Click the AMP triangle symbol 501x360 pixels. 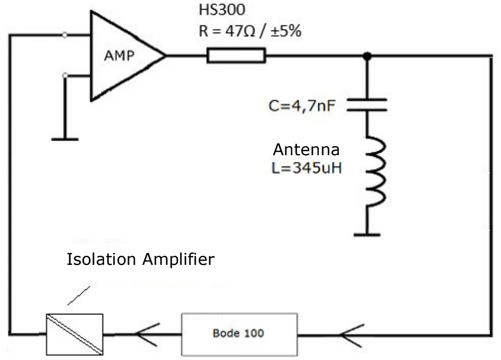(123, 56)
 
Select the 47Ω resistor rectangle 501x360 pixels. (236, 56)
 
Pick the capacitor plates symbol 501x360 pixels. (367, 105)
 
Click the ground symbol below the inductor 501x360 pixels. (367, 233)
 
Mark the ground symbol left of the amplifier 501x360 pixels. (65, 139)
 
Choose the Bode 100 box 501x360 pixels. (239, 333)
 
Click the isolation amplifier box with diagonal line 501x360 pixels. (75, 333)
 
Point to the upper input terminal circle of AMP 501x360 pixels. (65, 35)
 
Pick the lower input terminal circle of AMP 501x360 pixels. (65, 75)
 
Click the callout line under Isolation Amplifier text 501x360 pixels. (79, 295)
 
